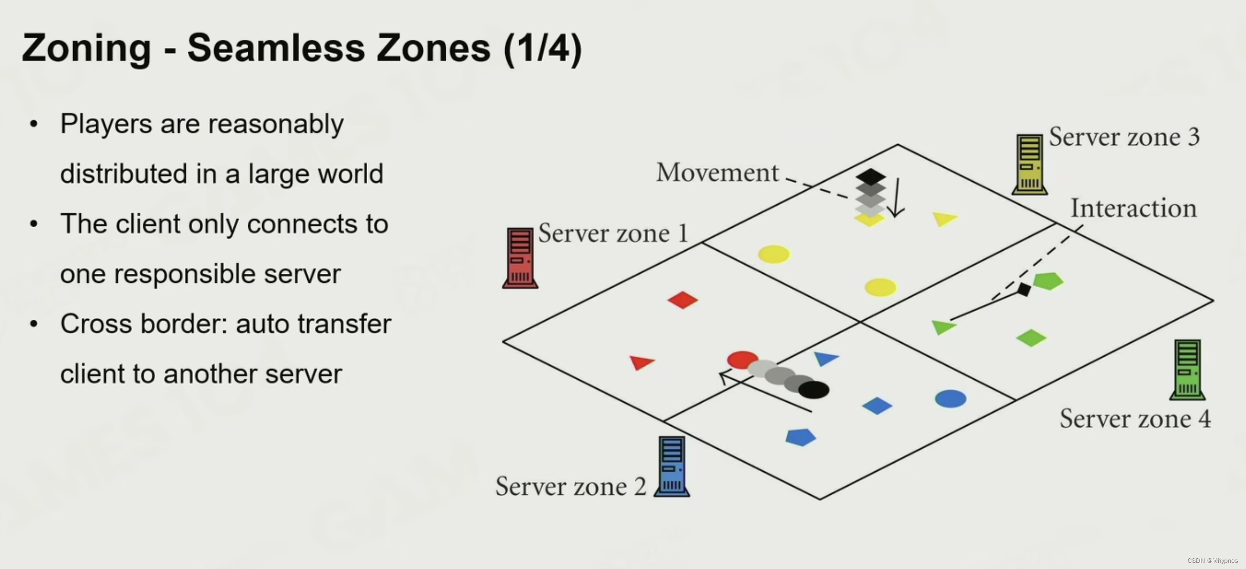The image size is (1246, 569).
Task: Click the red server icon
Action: pos(520,258)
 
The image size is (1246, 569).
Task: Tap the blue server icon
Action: pos(672,466)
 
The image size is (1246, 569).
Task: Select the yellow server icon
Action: pos(1029,164)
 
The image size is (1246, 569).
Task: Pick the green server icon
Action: pos(1187,369)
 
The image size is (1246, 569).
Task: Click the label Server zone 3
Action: pos(1124,137)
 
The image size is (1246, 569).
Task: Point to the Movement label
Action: pos(717,173)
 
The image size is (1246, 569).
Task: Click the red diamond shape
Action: pos(683,300)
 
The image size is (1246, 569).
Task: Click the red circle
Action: pos(742,359)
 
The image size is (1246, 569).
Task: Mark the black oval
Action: pos(813,390)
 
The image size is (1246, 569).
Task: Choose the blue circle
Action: pos(950,399)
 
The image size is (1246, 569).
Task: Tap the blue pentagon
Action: pos(801,437)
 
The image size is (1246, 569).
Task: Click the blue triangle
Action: pos(825,358)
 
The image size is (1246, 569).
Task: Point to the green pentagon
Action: pos(1048,281)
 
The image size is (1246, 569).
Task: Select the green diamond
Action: pos(1031,338)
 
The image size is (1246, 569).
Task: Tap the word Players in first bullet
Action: pos(106,124)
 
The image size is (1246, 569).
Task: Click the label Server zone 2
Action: pos(570,486)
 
